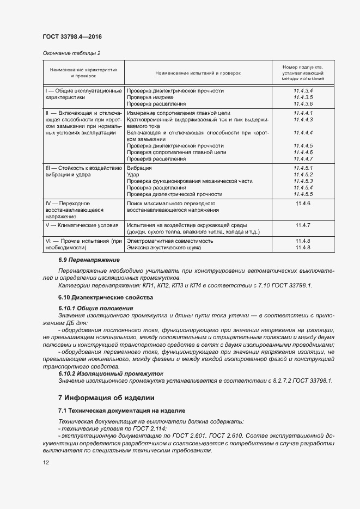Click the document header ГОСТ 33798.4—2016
click(72, 37)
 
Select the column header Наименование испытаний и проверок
click(198, 72)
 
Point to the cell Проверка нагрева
click(150, 97)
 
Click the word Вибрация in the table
click(139, 168)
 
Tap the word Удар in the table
click(133, 175)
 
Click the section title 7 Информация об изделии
click(106, 397)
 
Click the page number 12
click(46, 462)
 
